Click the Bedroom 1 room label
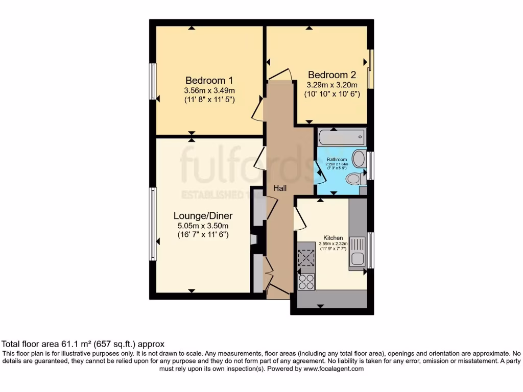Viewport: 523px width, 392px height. click(x=209, y=80)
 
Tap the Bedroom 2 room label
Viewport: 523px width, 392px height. click(x=331, y=75)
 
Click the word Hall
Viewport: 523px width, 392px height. click(x=280, y=188)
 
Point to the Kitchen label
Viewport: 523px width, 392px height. click(x=334, y=238)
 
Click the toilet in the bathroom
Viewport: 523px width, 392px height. click(x=355, y=179)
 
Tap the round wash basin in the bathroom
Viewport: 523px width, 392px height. click(x=359, y=159)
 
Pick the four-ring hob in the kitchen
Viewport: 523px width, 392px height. click(x=306, y=282)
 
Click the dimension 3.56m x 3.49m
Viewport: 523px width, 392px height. click(x=209, y=90)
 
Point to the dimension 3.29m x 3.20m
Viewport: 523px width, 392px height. click(x=331, y=85)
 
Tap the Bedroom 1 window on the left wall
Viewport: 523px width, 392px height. click(x=152, y=81)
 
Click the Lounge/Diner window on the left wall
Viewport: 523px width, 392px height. click(x=152, y=224)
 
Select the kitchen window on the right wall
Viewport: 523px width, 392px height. click(x=371, y=250)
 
